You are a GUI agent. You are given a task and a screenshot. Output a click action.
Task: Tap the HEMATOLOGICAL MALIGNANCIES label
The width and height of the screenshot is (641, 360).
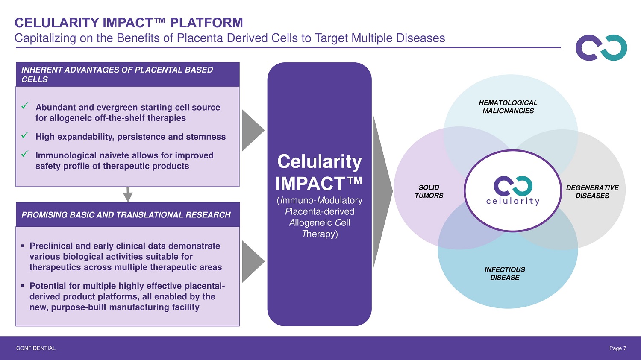click(508, 107)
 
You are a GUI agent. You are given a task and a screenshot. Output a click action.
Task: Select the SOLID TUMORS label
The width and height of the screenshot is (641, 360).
click(429, 191)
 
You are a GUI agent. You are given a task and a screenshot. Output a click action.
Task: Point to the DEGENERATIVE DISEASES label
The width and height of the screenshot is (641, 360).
click(592, 192)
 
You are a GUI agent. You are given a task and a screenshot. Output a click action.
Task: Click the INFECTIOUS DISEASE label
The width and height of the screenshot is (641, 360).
click(505, 273)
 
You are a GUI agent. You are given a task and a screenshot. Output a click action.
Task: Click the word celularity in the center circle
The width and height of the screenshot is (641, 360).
click(513, 201)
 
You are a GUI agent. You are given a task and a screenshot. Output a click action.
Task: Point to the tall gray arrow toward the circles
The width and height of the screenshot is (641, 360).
click(382, 192)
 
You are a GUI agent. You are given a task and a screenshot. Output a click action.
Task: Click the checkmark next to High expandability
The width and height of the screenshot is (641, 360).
click(25, 135)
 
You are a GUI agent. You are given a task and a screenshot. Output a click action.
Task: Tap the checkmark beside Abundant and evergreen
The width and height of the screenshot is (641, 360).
click(25, 106)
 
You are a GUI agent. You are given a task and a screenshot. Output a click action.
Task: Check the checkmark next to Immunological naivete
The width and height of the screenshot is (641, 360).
click(25, 154)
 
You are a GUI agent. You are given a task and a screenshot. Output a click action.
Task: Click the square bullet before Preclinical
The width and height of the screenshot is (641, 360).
click(23, 246)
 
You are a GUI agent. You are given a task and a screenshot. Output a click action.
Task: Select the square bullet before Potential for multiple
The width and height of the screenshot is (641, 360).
click(23, 286)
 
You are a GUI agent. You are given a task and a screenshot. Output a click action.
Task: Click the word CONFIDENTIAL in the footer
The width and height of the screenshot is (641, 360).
click(36, 348)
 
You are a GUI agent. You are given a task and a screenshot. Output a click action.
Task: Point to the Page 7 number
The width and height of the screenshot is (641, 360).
click(618, 348)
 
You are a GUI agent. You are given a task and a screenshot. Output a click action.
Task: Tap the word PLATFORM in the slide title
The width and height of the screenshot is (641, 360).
click(206, 23)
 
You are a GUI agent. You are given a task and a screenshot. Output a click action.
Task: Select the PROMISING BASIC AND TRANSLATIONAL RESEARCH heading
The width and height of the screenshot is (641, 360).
click(126, 215)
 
